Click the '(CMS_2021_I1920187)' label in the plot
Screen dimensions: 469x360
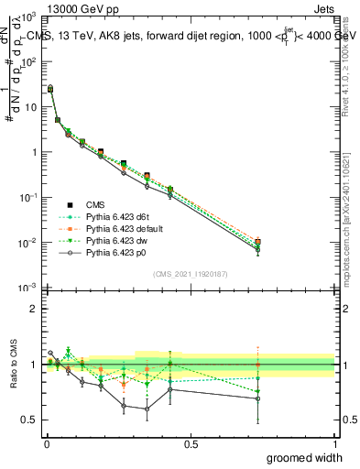191,272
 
